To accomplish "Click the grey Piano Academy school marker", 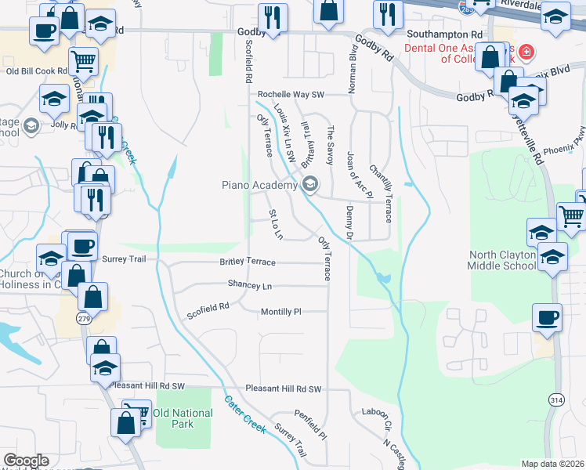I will point(310,185).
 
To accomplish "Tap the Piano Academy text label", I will point(258,185).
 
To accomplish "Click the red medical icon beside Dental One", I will point(526,52).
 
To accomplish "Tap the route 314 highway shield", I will point(555,400).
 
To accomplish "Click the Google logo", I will point(26,461).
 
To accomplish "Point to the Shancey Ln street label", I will point(250,285).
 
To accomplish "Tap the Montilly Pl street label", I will point(280,312).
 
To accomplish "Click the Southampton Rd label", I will point(444,35).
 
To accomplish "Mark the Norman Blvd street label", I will point(353,70).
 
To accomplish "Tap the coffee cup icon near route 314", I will point(548,319).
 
